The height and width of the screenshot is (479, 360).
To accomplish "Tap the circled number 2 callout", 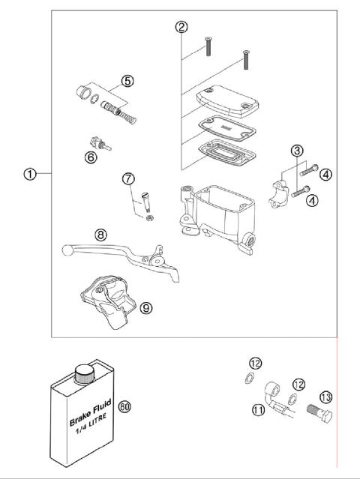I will [181, 28].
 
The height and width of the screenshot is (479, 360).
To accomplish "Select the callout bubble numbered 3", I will [298, 152].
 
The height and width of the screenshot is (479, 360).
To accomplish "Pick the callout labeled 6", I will [91, 157].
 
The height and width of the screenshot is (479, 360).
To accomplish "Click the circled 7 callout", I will [128, 178].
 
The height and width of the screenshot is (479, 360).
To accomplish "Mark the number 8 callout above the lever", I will [101, 235].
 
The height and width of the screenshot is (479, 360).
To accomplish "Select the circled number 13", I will [326, 397].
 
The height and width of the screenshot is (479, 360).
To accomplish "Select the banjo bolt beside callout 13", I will [319, 412].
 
